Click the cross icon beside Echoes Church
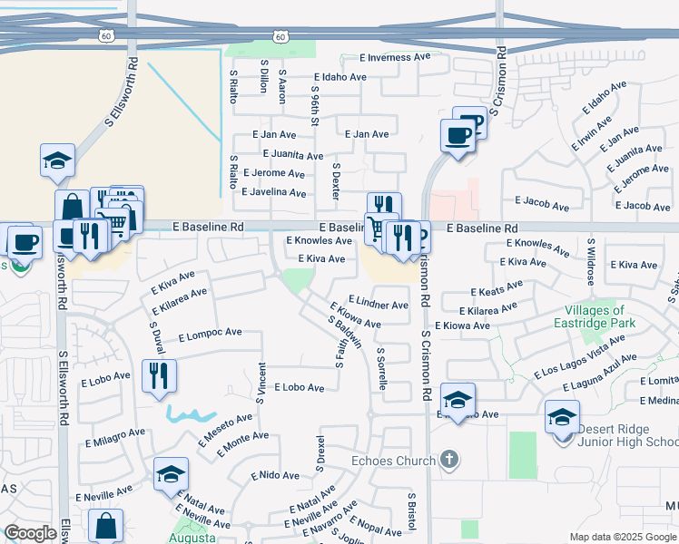(x=448, y=460)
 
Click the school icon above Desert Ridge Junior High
(x=562, y=417)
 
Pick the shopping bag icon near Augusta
(x=106, y=525)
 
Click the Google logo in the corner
(x=29, y=534)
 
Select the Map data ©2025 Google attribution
(x=622, y=537)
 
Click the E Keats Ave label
(x=497, y=288)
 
